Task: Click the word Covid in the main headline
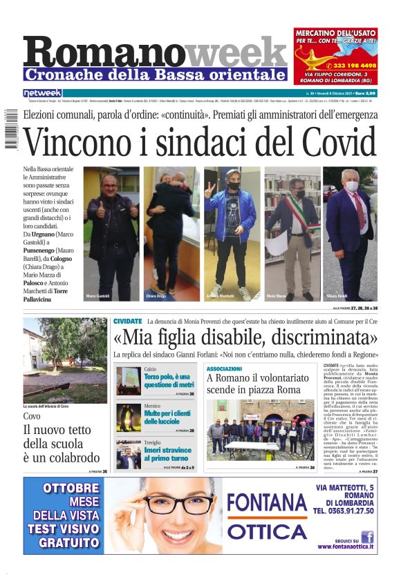point(332,142)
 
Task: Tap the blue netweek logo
point(42,92)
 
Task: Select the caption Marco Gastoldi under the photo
point(98,296)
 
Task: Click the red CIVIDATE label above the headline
point(127,322)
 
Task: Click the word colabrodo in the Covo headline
point(71,457)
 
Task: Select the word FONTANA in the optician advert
point(266,504)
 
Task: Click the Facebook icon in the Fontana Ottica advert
point(367,537)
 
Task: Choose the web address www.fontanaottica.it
point(346,547)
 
